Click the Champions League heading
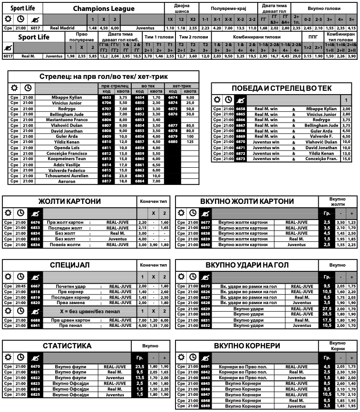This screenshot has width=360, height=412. click(x=104, y=9)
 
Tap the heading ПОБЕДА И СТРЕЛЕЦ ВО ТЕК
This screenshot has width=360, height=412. click(x=282, y=88)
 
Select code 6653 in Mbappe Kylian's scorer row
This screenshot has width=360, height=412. click(x=106, y=97)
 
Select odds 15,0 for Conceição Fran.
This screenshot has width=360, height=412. click(x=346, y=159)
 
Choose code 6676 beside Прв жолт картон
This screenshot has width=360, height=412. click(x=35, y=222)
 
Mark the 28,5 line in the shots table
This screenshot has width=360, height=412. click(x=327, y=314)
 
